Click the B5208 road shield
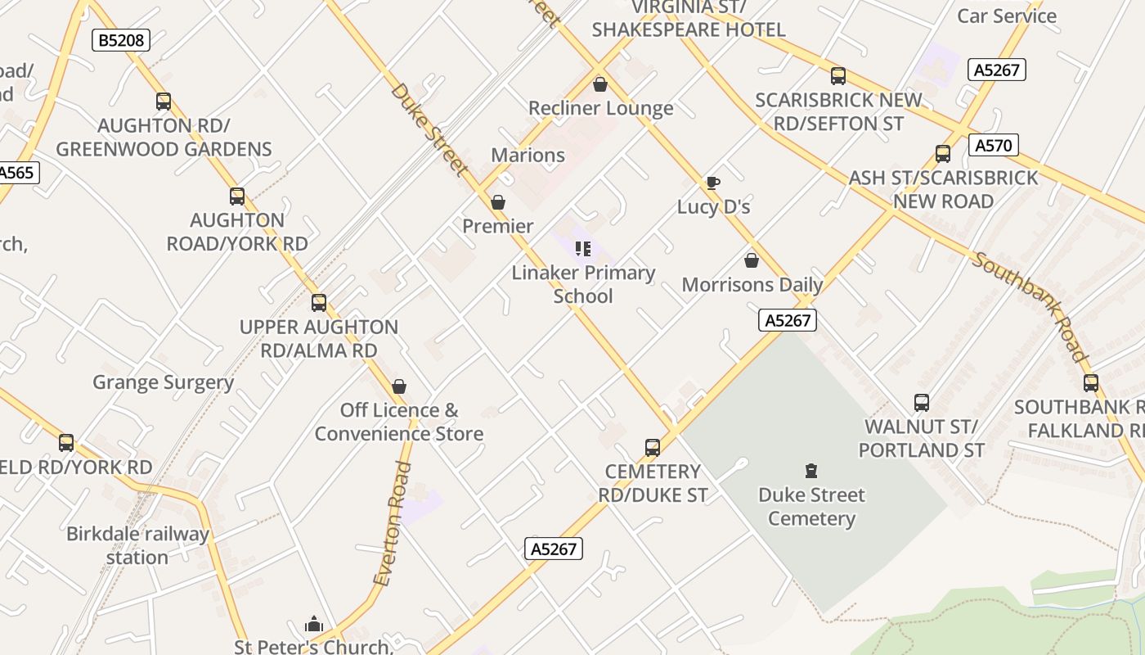(x=120, y=40)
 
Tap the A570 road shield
(x=994, y=146)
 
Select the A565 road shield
(x=16, y=173)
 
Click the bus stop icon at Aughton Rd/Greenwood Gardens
(x=164, y=102)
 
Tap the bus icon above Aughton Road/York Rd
(x=237, y=196)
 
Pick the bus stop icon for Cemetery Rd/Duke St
(x=652, y=448)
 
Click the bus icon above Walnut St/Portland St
(x=922, y=403)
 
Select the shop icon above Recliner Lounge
(x=600, y=84)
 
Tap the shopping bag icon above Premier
(x=497, y=202)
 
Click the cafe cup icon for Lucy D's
(x=712, y=183)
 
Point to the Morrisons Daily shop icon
(x=751, y=261)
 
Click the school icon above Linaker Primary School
(x=582, y=248)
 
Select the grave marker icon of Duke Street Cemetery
(x=810, y=471)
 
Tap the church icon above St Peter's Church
(x=313, y=625)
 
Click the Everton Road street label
(x=392, y=524)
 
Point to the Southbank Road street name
(x=1030, y=306)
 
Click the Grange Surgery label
(x=163, y=382)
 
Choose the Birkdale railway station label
(x=137, y=545)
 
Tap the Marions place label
(x=528, y=155)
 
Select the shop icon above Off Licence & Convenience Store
(x=399, y=386)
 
